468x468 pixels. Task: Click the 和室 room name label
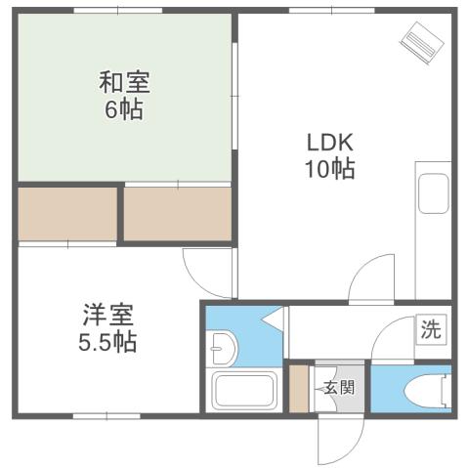coord(124,81)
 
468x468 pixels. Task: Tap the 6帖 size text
coord(124,108)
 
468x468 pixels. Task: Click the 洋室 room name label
coord(107,316)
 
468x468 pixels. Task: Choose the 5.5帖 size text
coord(107,343)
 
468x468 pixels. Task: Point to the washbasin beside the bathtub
coord(222,346)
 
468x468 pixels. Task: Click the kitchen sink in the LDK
coord(432,192)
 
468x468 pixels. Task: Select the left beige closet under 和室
coord(66,212)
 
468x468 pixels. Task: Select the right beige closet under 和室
coord(177,212)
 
